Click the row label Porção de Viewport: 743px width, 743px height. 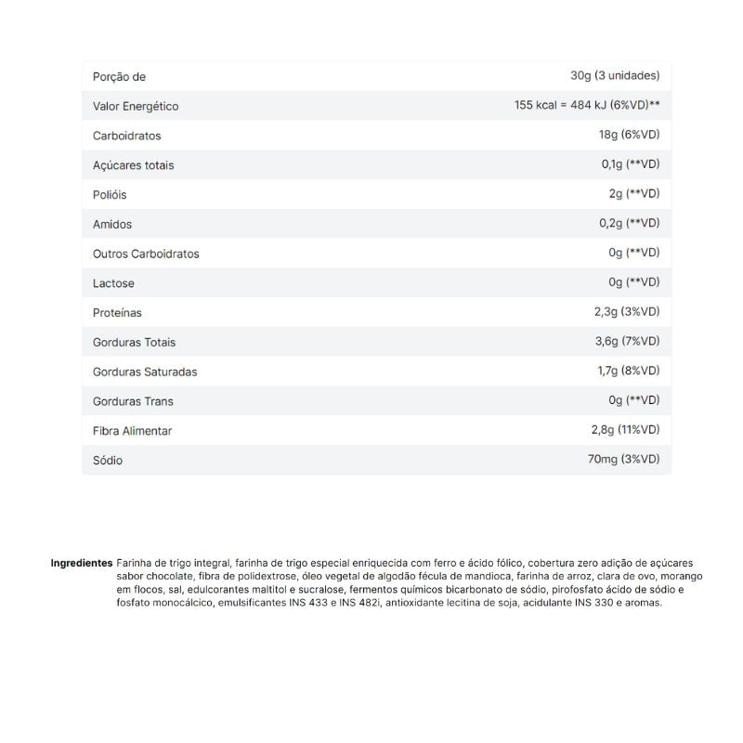point(119,77)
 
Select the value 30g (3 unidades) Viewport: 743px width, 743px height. point(615,76)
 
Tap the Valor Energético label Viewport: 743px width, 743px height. point(136,107)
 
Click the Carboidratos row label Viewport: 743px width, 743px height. point(127,137)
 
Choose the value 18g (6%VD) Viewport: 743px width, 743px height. point(629,136)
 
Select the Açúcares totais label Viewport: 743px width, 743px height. point(134,165)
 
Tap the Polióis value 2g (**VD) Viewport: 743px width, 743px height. point(634,194)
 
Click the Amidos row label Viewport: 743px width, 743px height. point(112,225)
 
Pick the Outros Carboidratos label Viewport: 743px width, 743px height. point(146,254)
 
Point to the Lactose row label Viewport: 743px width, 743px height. point(113,283)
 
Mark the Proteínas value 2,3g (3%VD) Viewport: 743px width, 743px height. point(627,312)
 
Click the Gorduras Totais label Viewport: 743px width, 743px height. point(134,343)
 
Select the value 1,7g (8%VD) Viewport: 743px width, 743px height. point(628,371)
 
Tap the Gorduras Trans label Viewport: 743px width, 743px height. point(133,401)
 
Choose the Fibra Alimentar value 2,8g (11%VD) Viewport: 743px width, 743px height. point(625,430)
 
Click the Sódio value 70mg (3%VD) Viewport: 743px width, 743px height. point(623,460)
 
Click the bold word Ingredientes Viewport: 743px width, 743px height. point(82,564)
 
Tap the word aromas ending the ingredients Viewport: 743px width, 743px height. point(644,603)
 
